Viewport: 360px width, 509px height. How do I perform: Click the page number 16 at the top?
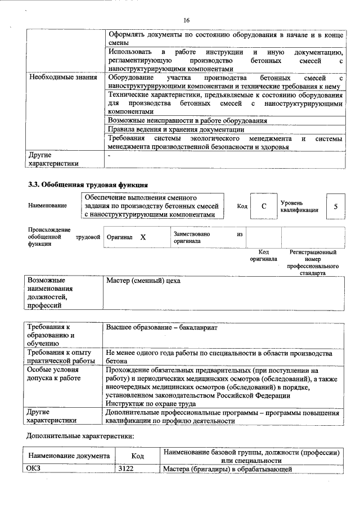point(186,21)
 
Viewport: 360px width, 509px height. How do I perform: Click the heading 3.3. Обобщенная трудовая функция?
point(88,184)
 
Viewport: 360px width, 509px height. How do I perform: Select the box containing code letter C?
point(263,206)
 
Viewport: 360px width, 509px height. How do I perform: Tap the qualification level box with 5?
point(335,206)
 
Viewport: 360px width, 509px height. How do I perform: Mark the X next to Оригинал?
point(143,238)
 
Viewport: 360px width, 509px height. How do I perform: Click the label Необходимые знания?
point(62,77)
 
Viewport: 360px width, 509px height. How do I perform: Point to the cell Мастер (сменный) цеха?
point(143,280)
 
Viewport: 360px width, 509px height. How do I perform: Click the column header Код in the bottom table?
point(137,457)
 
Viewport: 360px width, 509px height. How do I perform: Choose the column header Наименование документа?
point(69,457)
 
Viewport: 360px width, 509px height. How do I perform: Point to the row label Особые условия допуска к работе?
point(54,375)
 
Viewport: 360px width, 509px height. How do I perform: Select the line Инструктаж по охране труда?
point(151,404)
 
